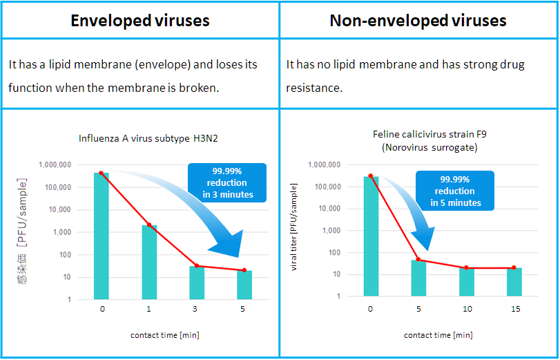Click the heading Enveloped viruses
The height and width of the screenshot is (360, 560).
pos(140,20)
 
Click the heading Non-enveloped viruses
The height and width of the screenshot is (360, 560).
pos(418,20)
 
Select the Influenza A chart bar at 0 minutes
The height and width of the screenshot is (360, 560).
pos(102,236)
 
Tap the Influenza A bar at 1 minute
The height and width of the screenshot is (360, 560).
pos(149,262)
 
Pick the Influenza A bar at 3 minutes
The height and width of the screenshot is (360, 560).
pos(197,283)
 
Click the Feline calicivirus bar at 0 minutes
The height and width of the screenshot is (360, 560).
pos(371,236)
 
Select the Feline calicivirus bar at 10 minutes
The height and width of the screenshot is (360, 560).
pos(466,282)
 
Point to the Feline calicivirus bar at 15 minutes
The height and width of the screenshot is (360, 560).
pos(514,282)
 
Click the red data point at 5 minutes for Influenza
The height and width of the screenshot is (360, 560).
pos(244,270)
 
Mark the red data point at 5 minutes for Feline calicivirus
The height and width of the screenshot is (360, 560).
pos(418,260)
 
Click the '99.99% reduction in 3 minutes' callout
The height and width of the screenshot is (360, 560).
pos(227,182)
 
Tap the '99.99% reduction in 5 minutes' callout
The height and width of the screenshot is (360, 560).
pos(455,191)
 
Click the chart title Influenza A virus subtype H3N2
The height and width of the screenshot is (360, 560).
pos(148,138)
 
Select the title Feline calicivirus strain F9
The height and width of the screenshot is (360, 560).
pos(429,135)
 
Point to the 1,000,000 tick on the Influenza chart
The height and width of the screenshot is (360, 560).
pos(55,165)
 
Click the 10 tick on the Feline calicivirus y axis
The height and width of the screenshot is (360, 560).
pos(336,274)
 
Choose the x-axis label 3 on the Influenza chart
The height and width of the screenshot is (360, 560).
pos(195,309)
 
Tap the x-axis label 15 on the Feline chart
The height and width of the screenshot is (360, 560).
pos(515,309)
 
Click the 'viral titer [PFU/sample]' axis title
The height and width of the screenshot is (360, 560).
pos(293,227)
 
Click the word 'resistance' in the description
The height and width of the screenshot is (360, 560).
pos(314,88)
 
